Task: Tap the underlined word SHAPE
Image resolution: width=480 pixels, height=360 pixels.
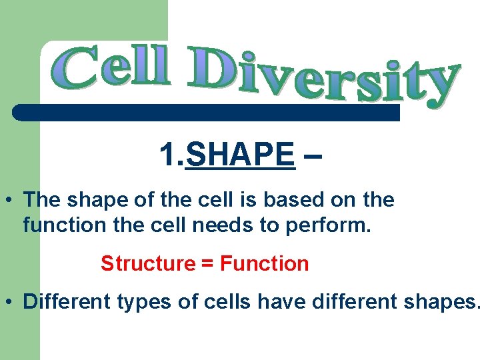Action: tap(241, 155)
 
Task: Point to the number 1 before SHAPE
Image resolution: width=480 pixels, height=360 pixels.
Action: tap(167, 155)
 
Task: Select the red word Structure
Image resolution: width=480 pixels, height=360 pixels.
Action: tap(147, 264)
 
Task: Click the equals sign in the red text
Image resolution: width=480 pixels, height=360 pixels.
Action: tap(207, 264)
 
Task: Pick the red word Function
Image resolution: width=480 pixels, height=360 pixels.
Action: tap(264, 264)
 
